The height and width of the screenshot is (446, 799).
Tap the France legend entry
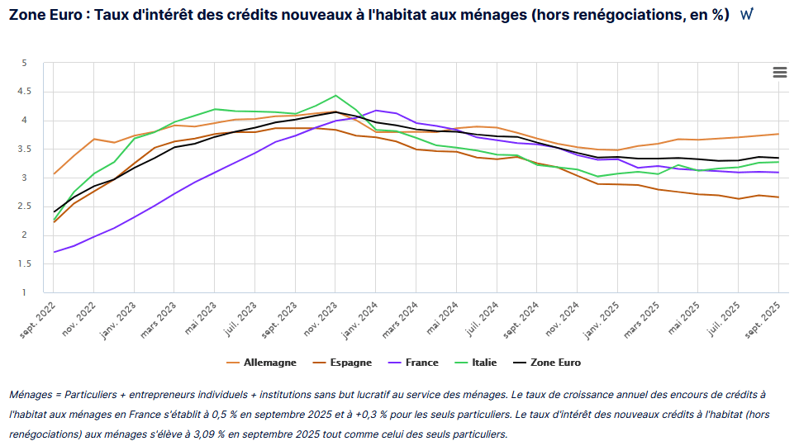click(416, 363)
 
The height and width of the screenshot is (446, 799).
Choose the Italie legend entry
click(483, 363)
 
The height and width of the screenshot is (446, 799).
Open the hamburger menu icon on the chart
click(779, 72)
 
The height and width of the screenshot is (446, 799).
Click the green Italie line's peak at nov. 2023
click(335, 95)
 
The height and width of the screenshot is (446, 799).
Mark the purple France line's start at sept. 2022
click(54, 252)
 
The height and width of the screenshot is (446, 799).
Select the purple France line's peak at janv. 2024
click(376, 110)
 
